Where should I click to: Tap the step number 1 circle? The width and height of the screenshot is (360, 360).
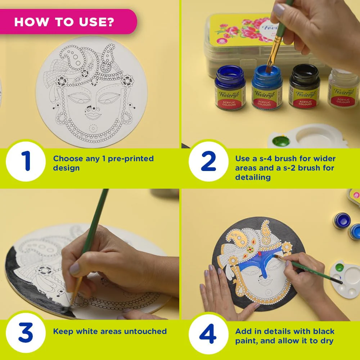click(x=26, y=161)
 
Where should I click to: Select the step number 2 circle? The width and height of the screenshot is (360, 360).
click(x=208, y=161)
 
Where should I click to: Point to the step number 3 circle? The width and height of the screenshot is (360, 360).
click(x=26, y=333)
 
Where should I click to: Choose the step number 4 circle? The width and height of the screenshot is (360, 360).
click(x=208, y=334)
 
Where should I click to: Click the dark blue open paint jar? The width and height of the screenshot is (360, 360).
click(x=230, y=87)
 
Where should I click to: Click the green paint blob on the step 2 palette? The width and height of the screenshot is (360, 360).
click(x=280, y=140)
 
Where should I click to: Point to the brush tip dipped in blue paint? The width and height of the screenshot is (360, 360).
click(x=269, y=69)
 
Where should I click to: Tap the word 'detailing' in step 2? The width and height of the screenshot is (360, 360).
click(x=253, y=177)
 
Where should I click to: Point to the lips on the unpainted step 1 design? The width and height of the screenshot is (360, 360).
click(x=93, y=116)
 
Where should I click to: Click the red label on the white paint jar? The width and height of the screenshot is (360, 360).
click(x=343, y=100)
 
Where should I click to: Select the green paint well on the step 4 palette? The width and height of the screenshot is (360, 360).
click(x=339, y=267)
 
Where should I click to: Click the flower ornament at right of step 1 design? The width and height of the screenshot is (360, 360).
click(x=127, y=81)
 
